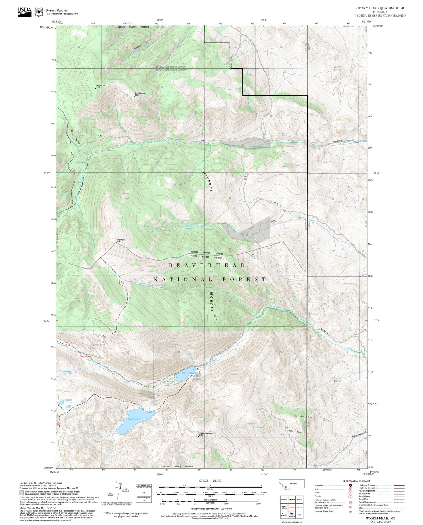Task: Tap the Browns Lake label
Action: point(187,373)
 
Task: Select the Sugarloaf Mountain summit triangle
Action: point(198,436)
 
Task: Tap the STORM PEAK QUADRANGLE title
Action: point(380,8)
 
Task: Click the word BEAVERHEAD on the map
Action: point(207,265)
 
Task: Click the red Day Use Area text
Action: point(86,356)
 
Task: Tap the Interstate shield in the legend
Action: point(350,485)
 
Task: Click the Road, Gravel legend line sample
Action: point(399,497)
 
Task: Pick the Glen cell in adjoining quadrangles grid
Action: point(299,514)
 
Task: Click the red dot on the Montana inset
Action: point(286,487)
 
